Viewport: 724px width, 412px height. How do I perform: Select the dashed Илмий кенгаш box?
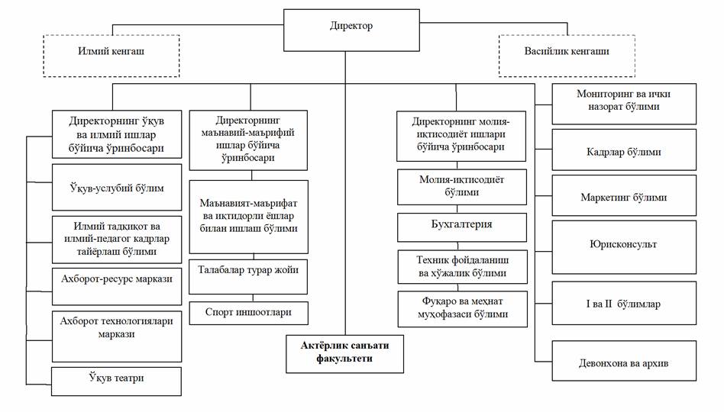point(111,55)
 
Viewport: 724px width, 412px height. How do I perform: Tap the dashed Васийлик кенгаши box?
point(566,55)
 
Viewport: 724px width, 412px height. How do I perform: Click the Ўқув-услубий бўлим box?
point(117,187)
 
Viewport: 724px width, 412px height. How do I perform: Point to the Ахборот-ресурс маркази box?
point(117,278)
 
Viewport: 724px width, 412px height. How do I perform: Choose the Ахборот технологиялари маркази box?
point(117,328)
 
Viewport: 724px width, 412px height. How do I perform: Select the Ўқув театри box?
point(117,380)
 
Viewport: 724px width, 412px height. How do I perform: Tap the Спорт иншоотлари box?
point(248,313)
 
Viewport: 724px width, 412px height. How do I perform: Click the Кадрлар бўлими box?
point(625,151)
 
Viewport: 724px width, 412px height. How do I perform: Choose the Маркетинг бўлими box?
point(625,197)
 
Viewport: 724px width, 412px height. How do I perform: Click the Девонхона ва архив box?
point(625,362)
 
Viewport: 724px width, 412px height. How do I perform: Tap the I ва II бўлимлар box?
point(625,304)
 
